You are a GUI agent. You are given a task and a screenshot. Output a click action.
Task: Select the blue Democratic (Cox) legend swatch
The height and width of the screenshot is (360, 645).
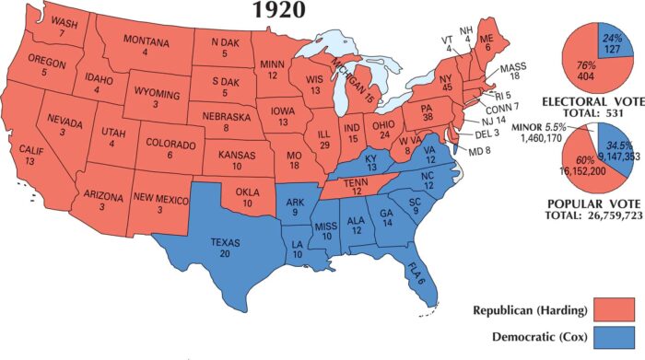pos(612,338)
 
